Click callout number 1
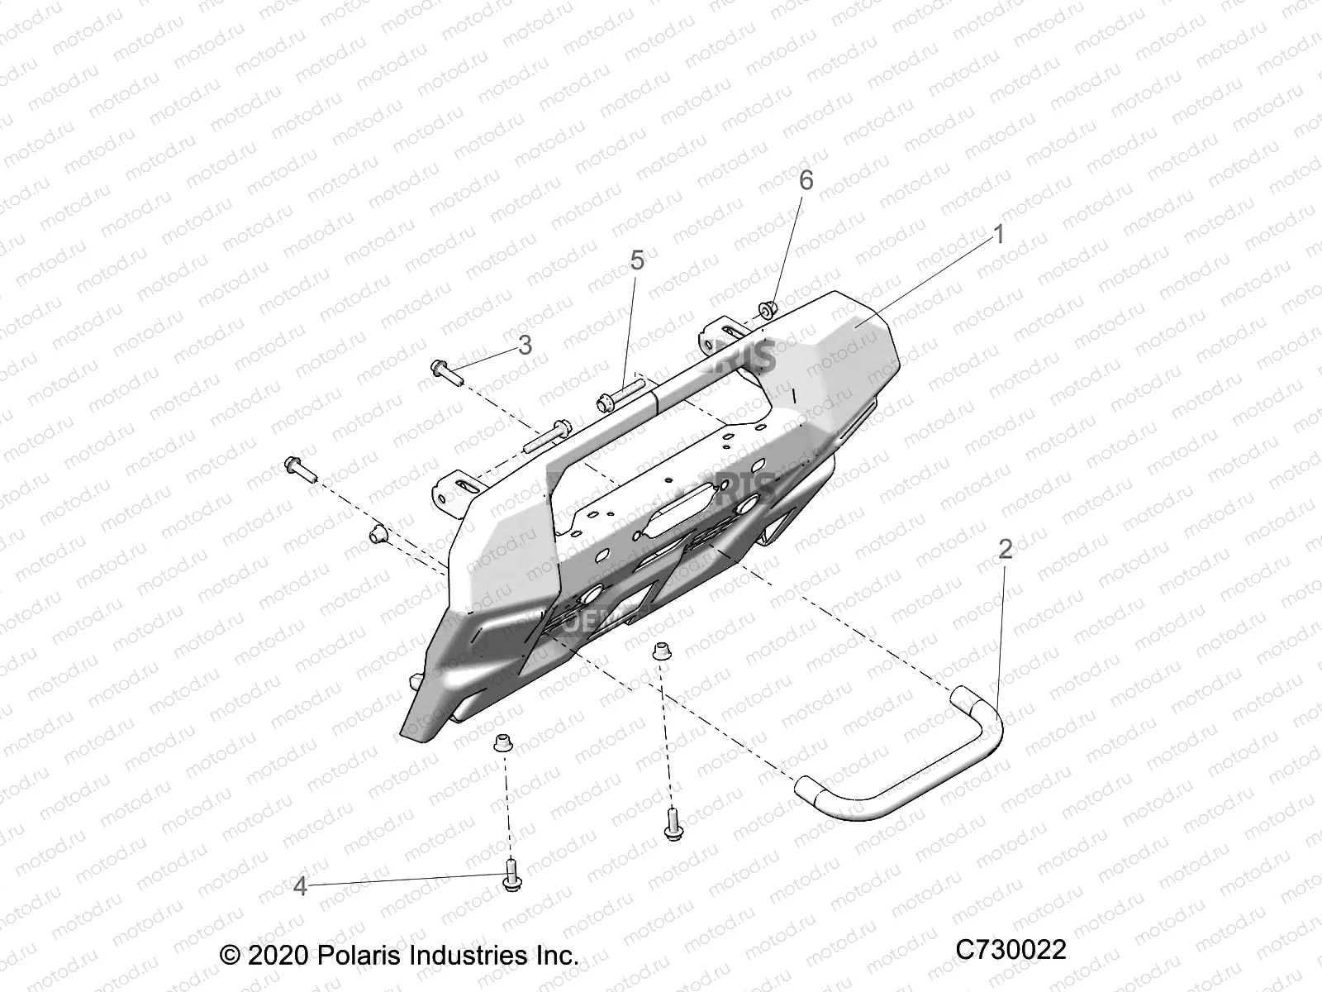[998, 235]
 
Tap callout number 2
[1005, 549]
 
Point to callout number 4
[300, 887]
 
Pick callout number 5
[636, 260]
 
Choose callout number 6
[806, 179]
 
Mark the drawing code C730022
[1011, 950]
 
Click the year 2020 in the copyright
[276, 956]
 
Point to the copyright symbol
[230, 956]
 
